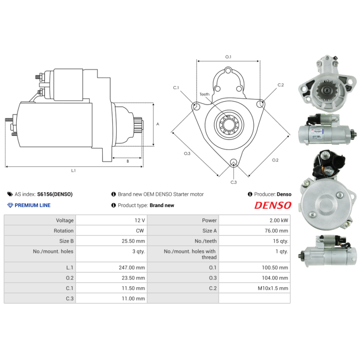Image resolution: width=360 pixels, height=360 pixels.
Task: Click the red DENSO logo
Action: [273, 205]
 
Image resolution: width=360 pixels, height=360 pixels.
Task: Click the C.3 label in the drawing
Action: [234, 182]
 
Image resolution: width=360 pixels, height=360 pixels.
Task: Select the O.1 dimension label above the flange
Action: [228, 57]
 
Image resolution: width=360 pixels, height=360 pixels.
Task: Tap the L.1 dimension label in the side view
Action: [73, 171]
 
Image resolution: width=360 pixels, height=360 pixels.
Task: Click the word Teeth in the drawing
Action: [204, 94]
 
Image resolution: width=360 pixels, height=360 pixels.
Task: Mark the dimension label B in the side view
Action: [127, 161]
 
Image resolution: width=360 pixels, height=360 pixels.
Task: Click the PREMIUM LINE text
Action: [32, 205]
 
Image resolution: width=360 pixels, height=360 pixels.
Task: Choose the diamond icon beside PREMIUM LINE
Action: [10, 205]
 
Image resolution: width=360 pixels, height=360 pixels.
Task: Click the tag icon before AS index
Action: [10, 194]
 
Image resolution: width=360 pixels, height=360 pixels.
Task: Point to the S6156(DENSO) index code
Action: [54, 194]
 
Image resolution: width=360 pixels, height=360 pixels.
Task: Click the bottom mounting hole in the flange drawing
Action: [233, 163]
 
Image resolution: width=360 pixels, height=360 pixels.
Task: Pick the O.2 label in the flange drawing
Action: [275, 160]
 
